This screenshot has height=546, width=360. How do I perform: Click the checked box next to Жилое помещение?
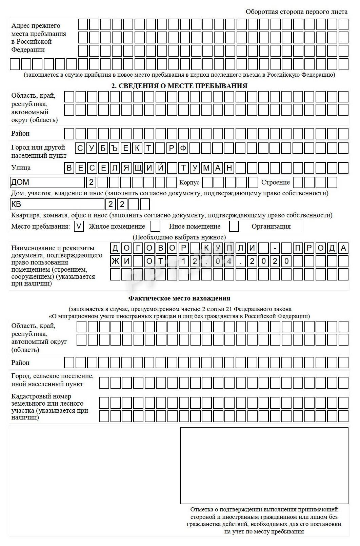tap(79, 226)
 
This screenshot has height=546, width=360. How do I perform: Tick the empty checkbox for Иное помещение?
tap(155, 226)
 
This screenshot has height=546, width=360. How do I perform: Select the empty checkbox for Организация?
tap(234, 226)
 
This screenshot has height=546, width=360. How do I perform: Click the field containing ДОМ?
tap(47, 182)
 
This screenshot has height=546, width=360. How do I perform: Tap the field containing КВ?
tap(57, 204)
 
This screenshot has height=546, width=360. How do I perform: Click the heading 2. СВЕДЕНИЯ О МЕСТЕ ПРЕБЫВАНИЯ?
tap(179, 86)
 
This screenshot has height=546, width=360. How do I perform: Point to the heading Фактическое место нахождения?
tap(179, 298)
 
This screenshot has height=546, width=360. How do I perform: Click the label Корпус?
tap(189, 183)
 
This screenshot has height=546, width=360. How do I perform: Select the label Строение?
tap(275, 182)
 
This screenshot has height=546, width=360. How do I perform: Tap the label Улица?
tap(21, 168)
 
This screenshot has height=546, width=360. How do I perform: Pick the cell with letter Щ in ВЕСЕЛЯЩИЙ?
tap(138, 168)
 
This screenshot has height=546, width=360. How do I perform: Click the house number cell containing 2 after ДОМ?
tap(91, 182)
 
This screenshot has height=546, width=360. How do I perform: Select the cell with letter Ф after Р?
tap(183, 148)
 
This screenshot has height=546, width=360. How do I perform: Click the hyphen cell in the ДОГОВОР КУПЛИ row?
tap(275, 248)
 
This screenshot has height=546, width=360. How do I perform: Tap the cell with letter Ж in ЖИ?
tap(115, 261)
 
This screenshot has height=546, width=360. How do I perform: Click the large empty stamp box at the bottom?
tap(264, 466)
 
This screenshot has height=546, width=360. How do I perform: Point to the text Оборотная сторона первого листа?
tap(296, 12)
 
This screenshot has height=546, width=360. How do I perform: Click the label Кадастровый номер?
tap(41, 396)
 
